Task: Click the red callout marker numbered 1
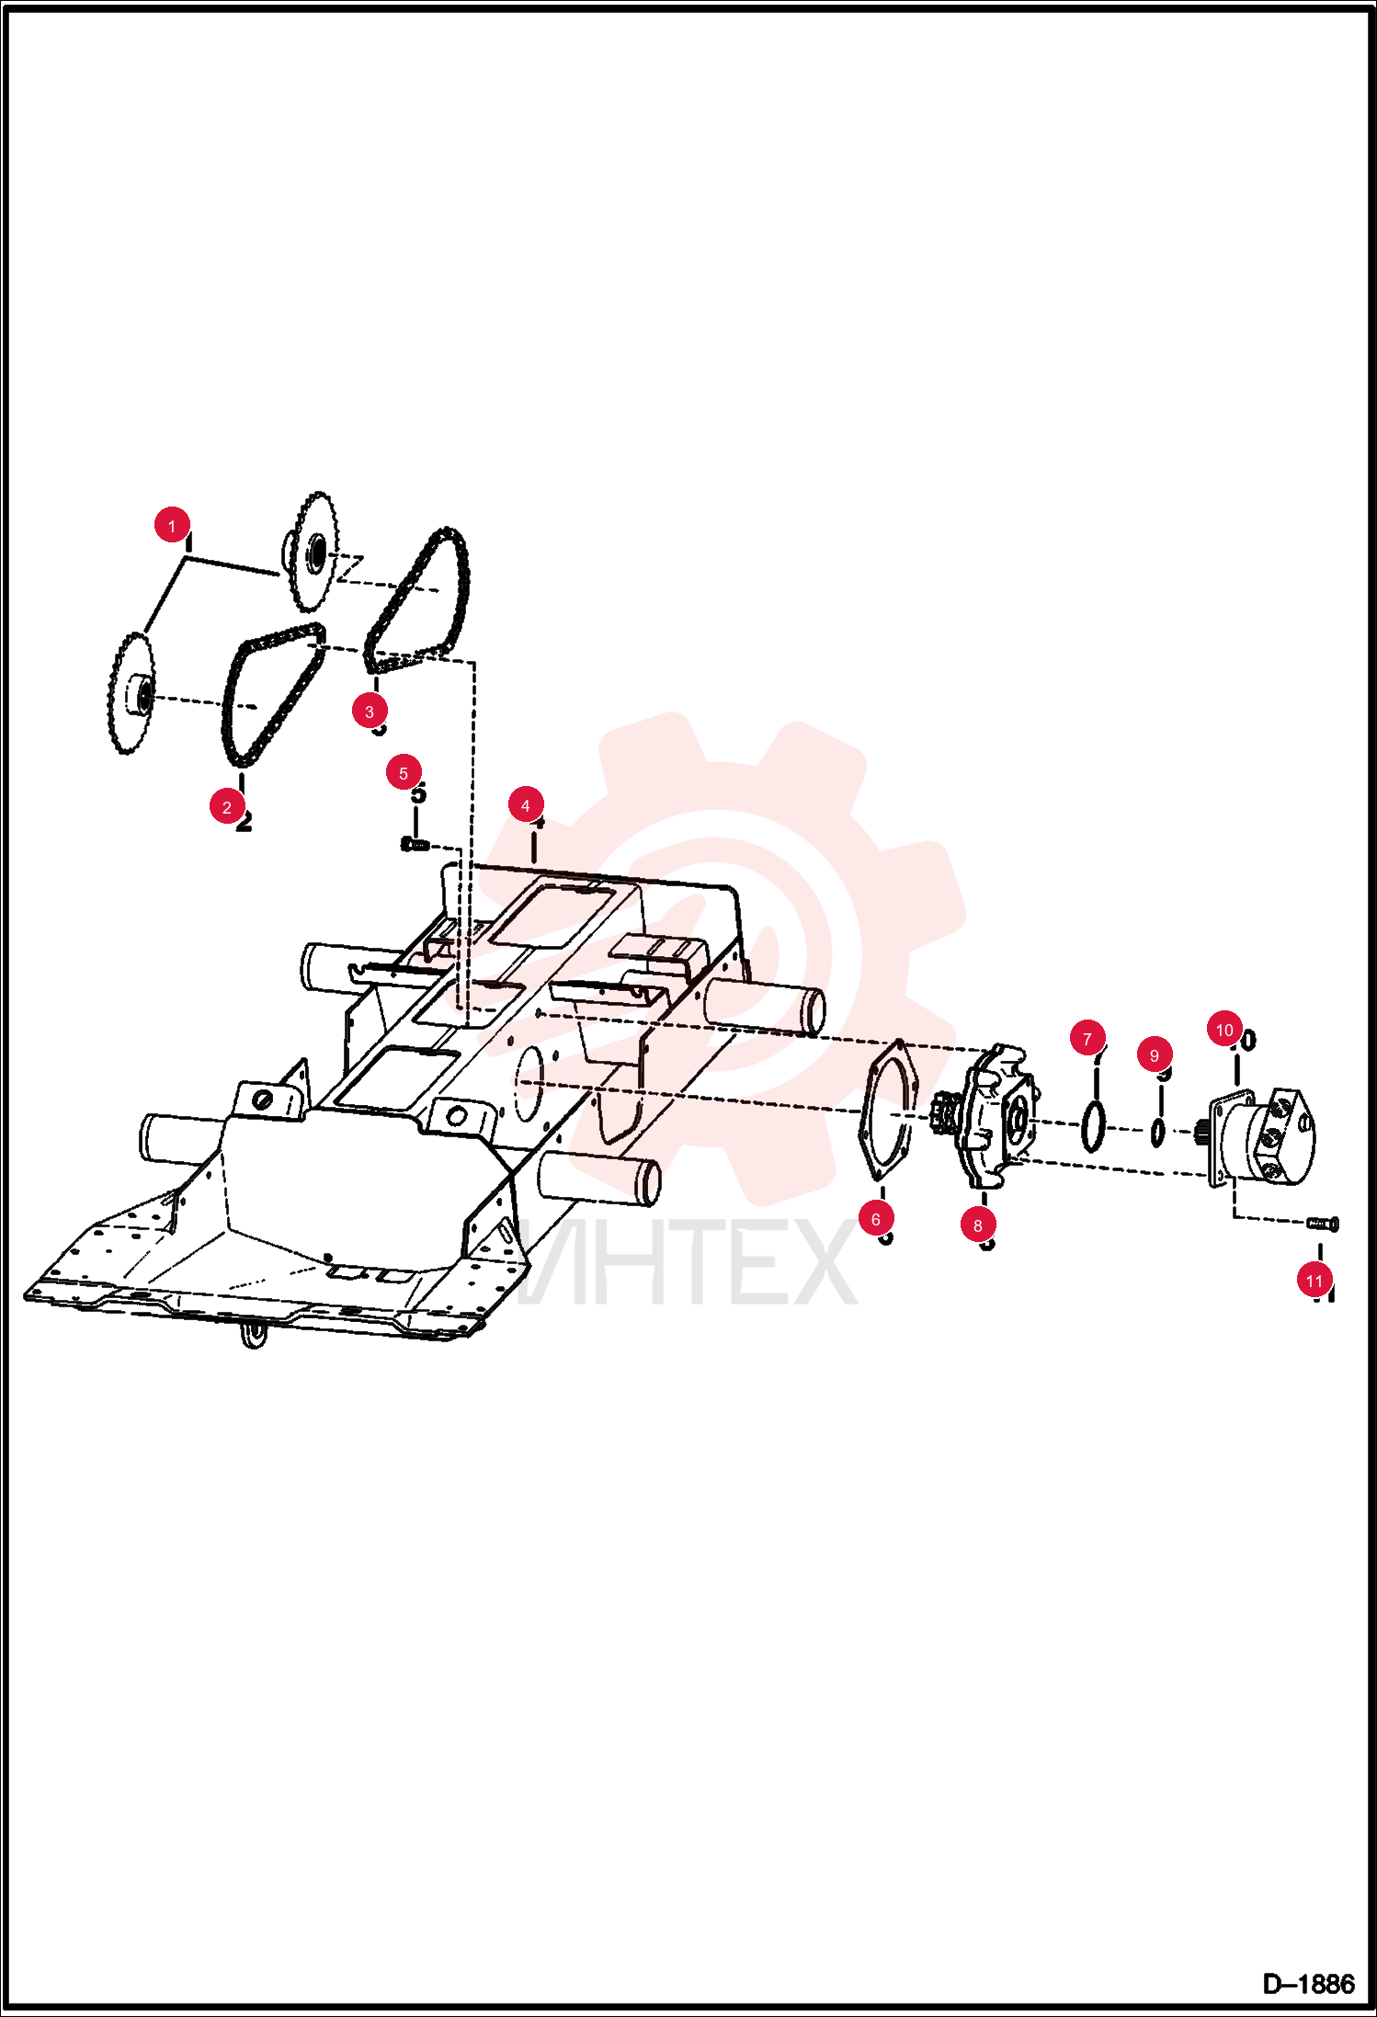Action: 172,526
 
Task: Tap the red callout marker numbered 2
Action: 227,807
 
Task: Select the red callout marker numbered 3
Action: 370,711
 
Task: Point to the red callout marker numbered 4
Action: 526,805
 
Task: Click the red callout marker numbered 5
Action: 404,773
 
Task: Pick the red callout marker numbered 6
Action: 876,1219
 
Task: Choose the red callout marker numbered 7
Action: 1087,1039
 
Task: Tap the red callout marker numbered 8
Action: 978,1225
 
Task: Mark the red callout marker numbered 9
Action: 1155,1055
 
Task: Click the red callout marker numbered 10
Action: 1224,1030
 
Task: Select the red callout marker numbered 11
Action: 1314,1281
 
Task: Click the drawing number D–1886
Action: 1308,1984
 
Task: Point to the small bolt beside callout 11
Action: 1323,1224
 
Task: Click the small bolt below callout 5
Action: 415,844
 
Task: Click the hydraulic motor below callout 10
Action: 1263,1137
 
